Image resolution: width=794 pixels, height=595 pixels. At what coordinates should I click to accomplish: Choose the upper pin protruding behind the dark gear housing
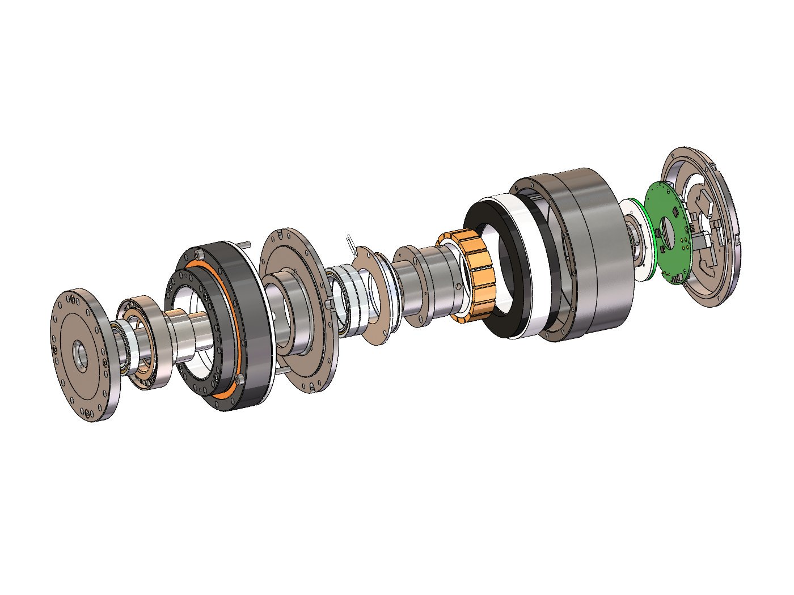pyautogui.click(x=246, y=245)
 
